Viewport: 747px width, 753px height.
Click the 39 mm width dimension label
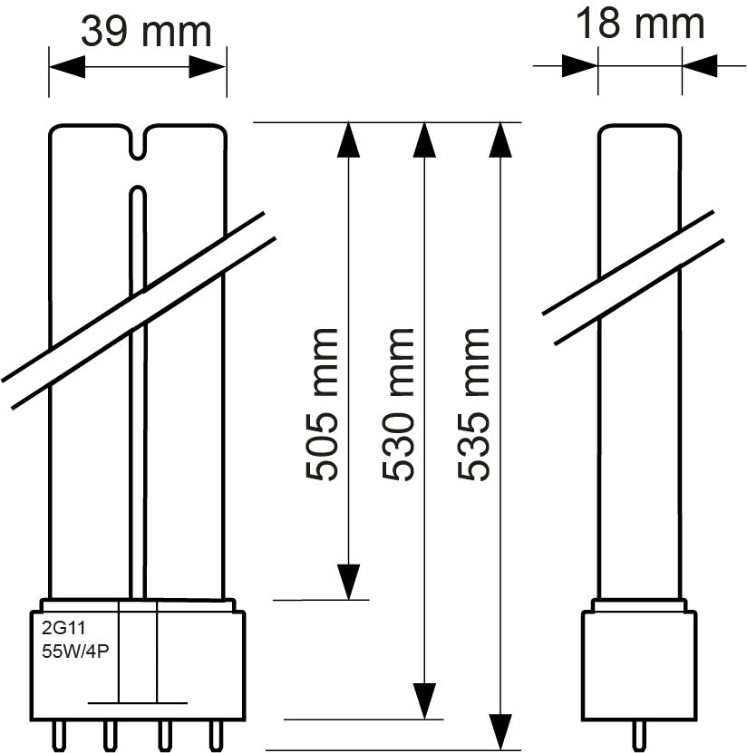coord(145,31)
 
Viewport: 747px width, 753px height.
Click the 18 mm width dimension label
coord(640,24)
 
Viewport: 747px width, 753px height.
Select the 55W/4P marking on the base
coord(75,650)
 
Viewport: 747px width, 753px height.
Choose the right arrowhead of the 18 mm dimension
coord(701,65)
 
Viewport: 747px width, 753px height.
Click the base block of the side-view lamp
coord(639,661)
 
